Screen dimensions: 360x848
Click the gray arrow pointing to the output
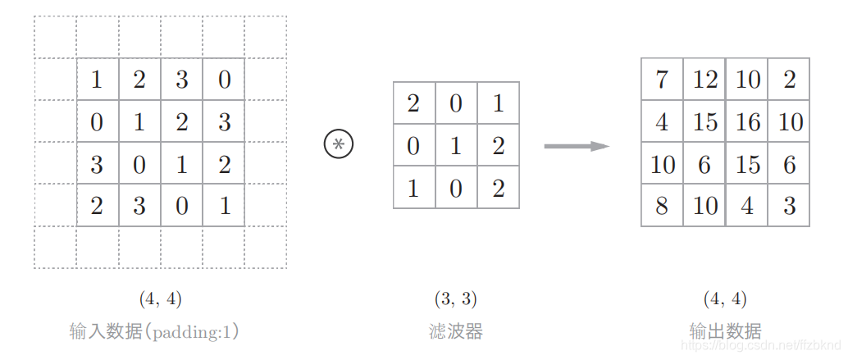tap(577, 146)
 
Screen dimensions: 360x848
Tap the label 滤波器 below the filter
tap(456, 331)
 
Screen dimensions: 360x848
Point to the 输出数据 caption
tap(725, 331)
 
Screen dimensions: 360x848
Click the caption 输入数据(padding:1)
tap(155, 331)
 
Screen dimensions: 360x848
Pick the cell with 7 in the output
tap(662, 80)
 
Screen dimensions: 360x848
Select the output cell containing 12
tap(704, 80)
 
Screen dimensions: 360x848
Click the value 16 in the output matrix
tap(747, 121)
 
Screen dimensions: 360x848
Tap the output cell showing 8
tap(662, 205)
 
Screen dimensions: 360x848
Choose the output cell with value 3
tap(789, 205)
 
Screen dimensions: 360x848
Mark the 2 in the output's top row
tap(789, 80)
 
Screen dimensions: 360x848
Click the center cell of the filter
tap(456, 145)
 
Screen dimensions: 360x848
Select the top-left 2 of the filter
tap(413, 103)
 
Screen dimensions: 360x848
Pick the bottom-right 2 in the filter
tap(499, 188)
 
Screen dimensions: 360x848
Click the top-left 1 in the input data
tap(97, 80)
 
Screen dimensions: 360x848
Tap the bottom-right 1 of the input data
tap(224, 205)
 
